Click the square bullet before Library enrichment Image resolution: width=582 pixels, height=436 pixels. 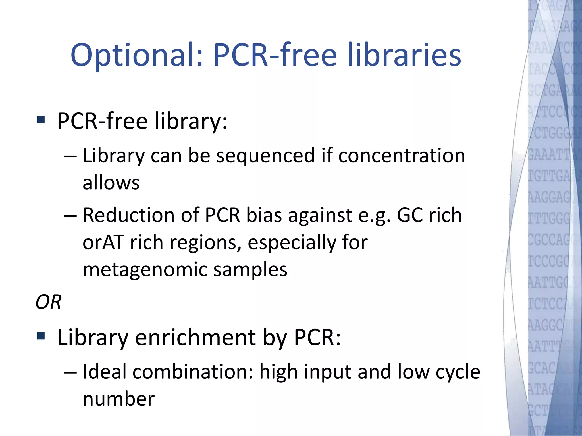[x=41, y=336]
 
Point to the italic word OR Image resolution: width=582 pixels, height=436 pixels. [x=48, y=302]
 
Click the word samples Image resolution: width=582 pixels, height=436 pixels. [x=250, y=270]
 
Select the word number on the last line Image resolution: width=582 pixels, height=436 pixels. [x=119, y=399]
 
